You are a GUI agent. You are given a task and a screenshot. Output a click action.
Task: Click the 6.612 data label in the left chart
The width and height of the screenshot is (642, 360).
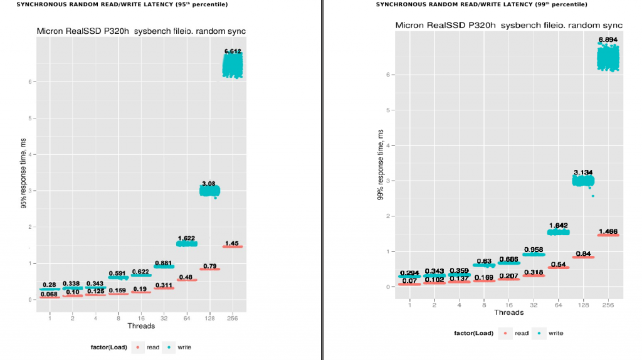[233, 51]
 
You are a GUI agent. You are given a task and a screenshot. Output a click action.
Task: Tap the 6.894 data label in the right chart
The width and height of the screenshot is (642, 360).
[608, 40]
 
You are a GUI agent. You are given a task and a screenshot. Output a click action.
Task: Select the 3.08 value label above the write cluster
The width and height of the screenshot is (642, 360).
[208, 184]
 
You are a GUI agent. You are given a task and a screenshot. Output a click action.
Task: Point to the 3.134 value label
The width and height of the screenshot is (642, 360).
[583, 172]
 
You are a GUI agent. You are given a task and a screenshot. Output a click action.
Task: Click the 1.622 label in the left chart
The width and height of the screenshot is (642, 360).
[186, 238]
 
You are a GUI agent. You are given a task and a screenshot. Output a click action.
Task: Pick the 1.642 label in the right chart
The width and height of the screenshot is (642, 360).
[558, 226]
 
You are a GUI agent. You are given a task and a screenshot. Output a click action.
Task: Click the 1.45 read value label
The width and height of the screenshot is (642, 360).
[233, 243]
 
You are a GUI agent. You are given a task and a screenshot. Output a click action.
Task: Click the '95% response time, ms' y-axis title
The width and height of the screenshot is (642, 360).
[23, 186]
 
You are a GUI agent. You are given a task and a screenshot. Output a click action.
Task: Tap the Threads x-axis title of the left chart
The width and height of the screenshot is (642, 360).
[141, 326]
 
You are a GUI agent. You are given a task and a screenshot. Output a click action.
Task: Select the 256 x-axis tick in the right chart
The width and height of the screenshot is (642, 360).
[608, 304]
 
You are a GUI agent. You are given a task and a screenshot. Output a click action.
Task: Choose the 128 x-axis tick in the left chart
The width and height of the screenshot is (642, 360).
[210, 318]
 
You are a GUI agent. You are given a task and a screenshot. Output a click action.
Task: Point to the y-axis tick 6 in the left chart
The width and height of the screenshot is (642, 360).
[29, 82]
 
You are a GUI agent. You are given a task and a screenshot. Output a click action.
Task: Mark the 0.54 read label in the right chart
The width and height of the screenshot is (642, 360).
[558, 264]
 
